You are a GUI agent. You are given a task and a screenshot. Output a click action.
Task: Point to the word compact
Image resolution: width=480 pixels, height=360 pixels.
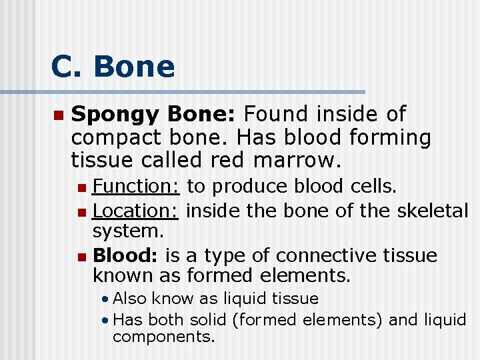click(117, 139)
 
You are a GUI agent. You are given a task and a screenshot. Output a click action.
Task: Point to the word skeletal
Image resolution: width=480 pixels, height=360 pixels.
click(433, 211)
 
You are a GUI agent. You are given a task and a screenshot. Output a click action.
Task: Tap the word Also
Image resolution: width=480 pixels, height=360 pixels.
click(131, 298)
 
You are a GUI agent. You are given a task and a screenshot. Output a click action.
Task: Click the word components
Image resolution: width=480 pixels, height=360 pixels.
click(163, 337)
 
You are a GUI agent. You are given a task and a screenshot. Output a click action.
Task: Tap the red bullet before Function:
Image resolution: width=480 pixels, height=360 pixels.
click(81, 186)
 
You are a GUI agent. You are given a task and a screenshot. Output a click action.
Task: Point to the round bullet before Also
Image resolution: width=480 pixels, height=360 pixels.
click(105, 299)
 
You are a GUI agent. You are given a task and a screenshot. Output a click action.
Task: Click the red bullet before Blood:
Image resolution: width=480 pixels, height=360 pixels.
click(81, 256)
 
